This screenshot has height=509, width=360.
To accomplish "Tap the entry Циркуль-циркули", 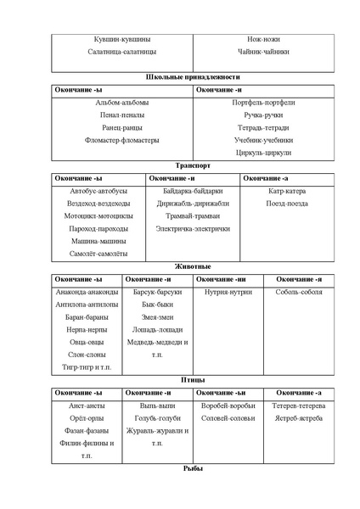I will coord(264,154).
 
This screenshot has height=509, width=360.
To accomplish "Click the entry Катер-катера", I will coord(287,192).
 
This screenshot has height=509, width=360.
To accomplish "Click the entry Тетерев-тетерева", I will coord(299,406).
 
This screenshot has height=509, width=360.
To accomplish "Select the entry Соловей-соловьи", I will coord(228,418).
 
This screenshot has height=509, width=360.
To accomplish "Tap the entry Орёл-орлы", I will coord(87,418).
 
